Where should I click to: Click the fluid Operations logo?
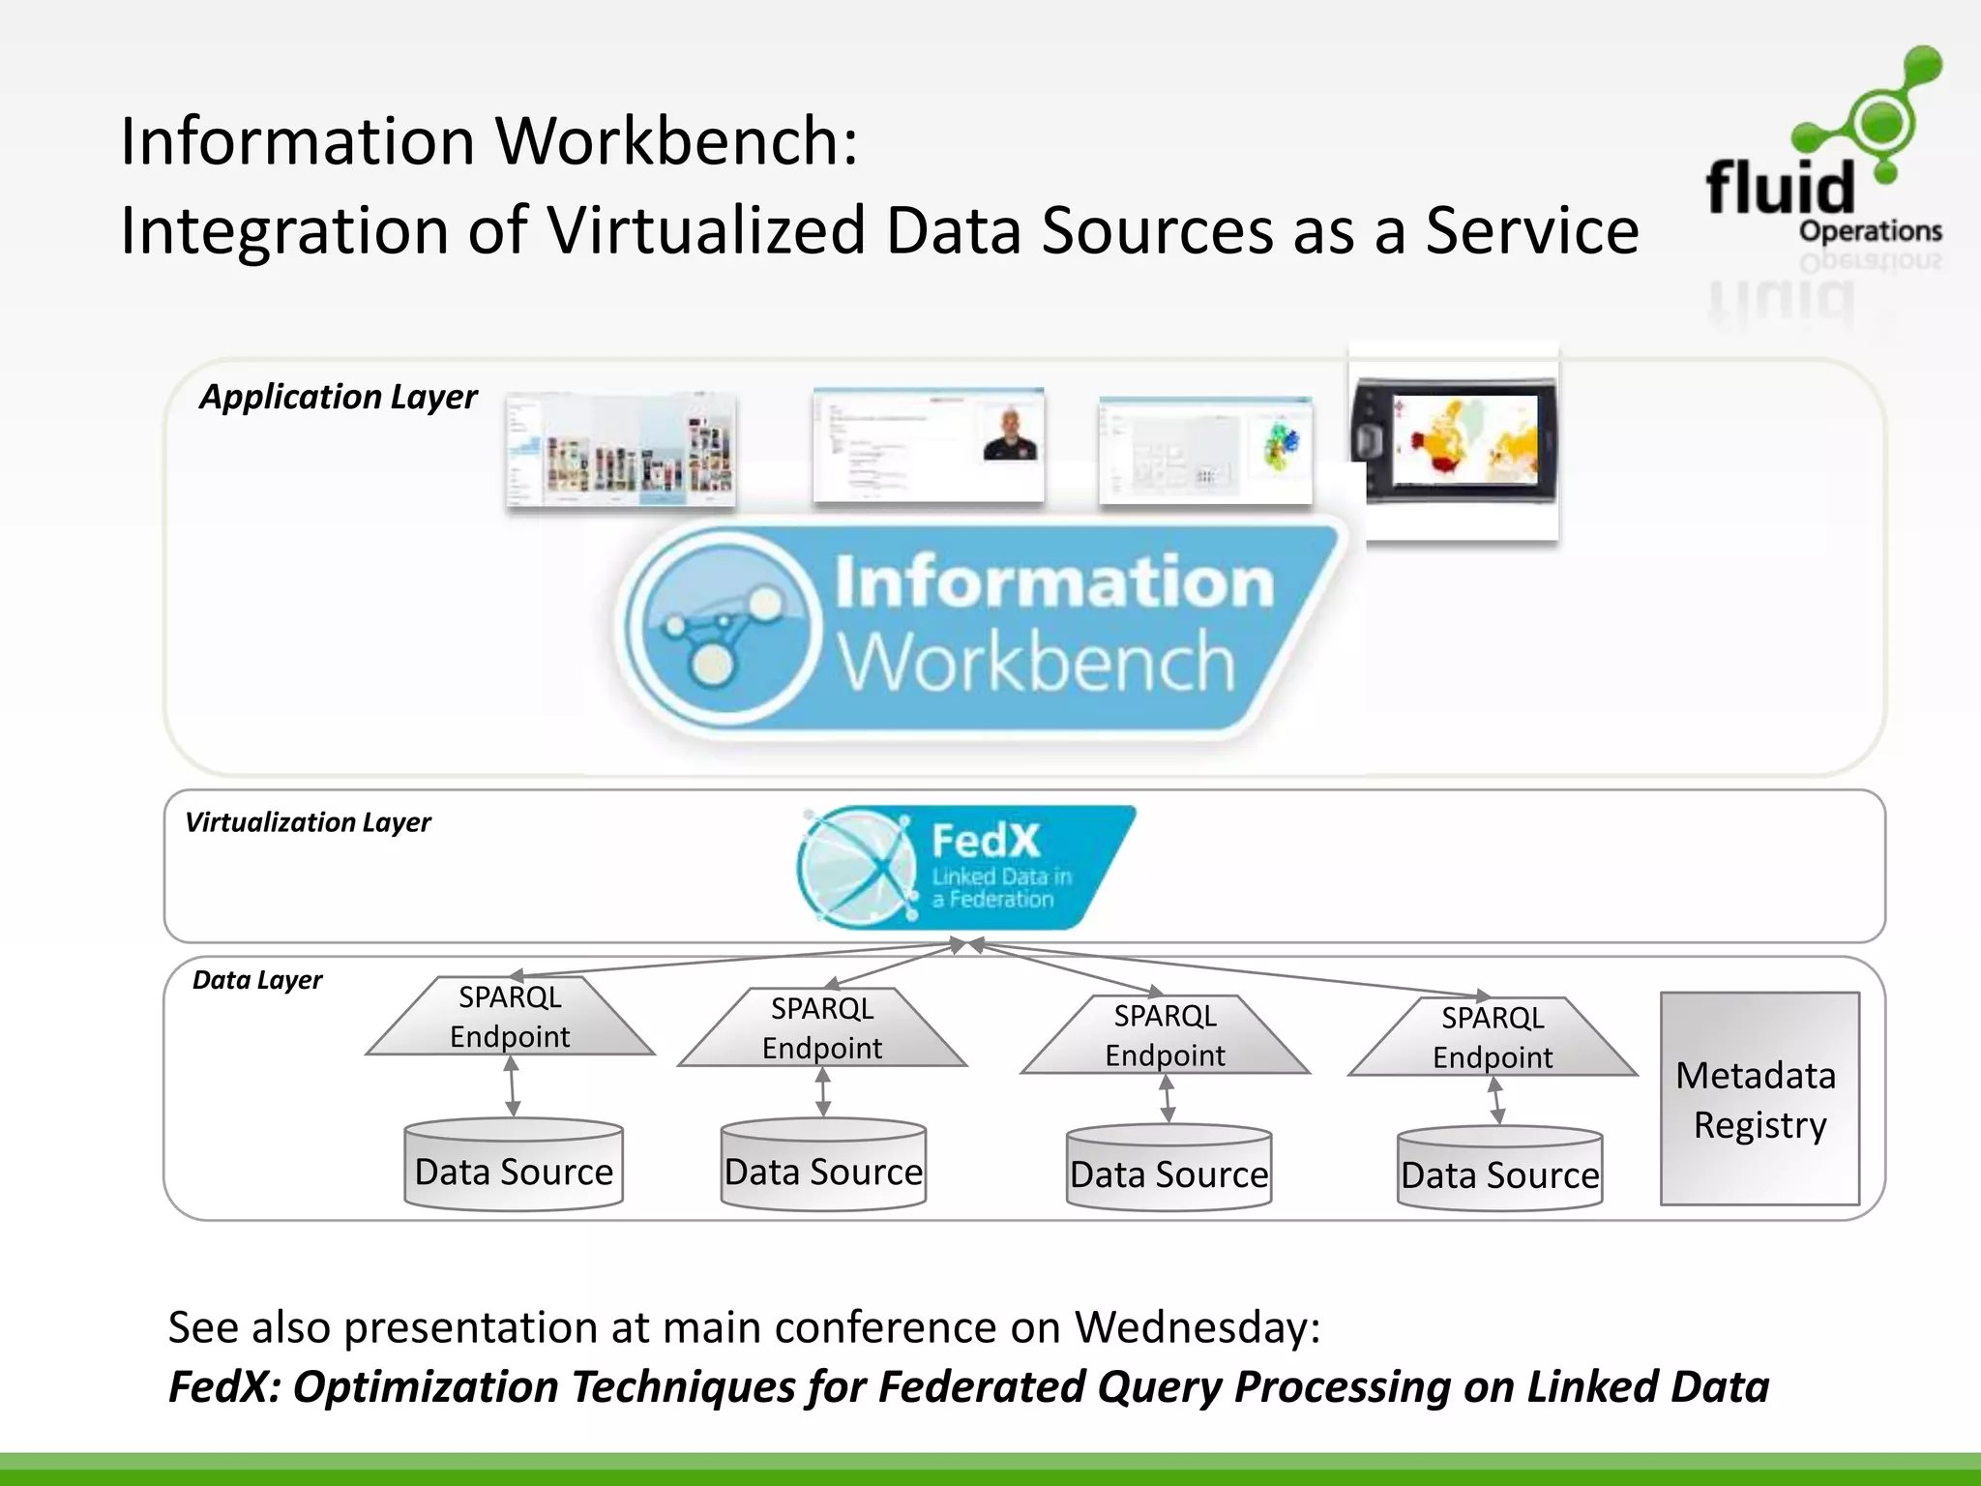(1823, 155)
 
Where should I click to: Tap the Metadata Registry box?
(1759, 1098)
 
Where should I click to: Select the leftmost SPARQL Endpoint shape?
(510, 1017)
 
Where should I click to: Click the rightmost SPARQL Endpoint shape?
(1493, 1037)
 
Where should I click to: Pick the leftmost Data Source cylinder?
(514, 1165)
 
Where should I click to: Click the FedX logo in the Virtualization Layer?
(965, 867)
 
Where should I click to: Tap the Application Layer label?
(338, 397)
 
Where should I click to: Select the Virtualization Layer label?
(308, 822)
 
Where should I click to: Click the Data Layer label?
(257, 980)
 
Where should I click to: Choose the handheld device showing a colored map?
(1455, 440)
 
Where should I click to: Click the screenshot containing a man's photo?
(929, 446)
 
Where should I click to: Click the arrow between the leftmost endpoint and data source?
(512, 1085)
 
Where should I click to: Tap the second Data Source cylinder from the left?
(823, 1165)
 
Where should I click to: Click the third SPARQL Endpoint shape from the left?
(1165, 1035)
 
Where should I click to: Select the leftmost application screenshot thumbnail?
(620, 451)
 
